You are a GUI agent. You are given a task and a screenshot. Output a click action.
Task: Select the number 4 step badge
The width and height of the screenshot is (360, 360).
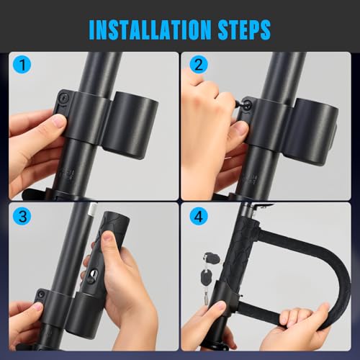pyautogui.click(x=196, y=217)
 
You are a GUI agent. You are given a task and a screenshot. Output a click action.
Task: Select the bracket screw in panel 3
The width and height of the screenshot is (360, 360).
pyautogui.click(x=42, y=294)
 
